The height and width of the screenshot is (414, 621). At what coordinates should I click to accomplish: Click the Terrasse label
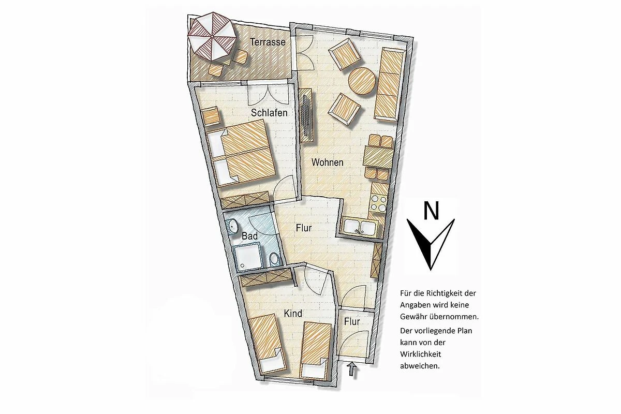click(268, 42)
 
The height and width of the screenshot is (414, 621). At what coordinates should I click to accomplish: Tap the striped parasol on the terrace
click(212, 36)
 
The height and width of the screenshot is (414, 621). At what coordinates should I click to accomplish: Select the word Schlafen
click(269, 113)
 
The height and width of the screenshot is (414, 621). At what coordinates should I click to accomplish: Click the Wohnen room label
click(328, 162)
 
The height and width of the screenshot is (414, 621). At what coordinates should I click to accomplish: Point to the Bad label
click(249, 236)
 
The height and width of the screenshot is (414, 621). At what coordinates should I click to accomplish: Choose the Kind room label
click(293, 313)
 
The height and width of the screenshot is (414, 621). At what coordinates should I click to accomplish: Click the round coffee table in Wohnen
click(362, 81)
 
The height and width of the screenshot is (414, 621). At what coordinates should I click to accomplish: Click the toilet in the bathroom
click(274, 259)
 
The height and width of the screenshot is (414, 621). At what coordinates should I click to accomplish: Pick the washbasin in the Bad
click(233, 225)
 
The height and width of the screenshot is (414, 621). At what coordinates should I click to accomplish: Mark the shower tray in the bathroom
click(247, 256)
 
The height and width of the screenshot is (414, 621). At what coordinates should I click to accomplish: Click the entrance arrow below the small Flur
click(352, 369)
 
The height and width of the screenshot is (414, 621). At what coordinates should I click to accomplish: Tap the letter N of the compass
click(431, 210)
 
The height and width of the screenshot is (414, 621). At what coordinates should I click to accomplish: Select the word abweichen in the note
click(420, 366)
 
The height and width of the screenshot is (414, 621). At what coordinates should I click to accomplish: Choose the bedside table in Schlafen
click(212, 116)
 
